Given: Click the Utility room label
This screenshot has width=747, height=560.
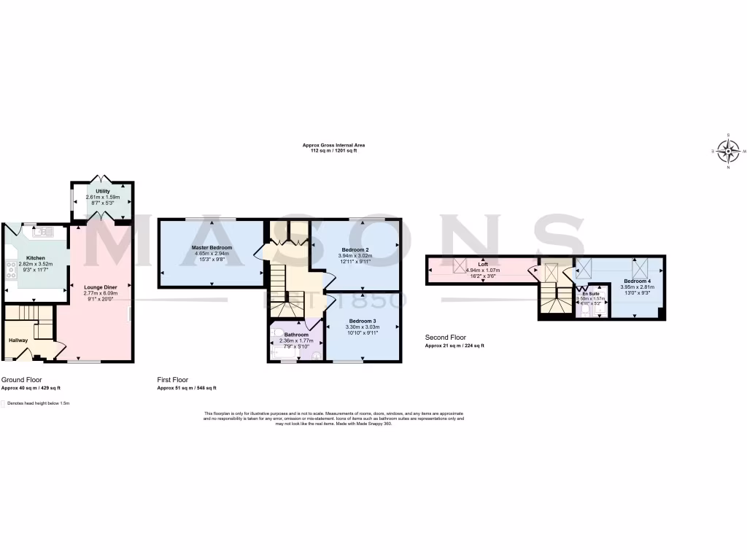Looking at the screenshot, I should click(x=102, y=191).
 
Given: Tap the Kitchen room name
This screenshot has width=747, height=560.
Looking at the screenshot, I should click(x=36, y=258).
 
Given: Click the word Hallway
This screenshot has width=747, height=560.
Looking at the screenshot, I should click(x=18, y=340).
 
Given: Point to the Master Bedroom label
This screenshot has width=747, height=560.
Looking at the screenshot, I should click(x=212, y=248).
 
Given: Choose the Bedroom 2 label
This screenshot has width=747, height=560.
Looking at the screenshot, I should click(x=355, y=250).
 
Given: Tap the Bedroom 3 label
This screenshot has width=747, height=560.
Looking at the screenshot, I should click(x=362, y=322).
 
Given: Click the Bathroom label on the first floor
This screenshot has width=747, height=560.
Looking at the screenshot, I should click(x=296, y=335).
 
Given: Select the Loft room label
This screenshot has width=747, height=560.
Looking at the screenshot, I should click(x=483, y=264).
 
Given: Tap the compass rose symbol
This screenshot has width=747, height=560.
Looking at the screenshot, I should click(x=728, y=151).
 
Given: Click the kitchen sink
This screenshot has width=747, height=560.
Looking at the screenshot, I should click(x=42, y=232).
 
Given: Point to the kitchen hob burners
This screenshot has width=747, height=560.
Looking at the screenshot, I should click(x=11, y=270).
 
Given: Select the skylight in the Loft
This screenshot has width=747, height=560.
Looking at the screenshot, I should click(x=461, y=266).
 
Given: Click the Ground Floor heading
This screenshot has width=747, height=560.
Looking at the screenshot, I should click(x=21, y=380).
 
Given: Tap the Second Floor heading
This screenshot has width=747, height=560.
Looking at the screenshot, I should click(x=445, y=338).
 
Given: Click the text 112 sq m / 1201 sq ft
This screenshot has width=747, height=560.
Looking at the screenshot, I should click(x=334, y=150).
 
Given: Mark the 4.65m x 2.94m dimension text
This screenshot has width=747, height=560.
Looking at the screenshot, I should click(x=212, y=254).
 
